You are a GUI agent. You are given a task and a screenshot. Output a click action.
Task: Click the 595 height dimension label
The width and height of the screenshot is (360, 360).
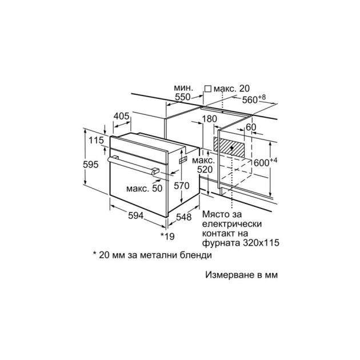(x=91, y=165)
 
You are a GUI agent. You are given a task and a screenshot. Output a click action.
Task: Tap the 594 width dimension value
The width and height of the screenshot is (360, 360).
(x=135, y=215)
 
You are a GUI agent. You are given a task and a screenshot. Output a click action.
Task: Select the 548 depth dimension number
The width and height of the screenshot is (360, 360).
(x=183, y=217)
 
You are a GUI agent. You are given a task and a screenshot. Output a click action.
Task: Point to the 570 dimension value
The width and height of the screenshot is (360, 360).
(x=182, y=186)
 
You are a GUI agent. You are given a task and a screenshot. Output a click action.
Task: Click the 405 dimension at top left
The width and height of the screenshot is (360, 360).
(x=122, y=116)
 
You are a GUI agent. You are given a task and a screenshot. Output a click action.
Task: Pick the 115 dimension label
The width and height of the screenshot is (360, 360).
(x=96, y=140)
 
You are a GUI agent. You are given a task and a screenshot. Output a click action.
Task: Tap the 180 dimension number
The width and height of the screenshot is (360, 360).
(x=209, y=119)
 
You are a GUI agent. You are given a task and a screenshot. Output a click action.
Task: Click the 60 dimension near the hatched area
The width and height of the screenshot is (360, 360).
(x=251, y=127)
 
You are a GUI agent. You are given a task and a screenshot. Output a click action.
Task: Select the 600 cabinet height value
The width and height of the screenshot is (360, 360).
(x=262, y=163)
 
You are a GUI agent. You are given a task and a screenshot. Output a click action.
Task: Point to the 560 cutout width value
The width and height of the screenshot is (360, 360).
(x=250, y=100)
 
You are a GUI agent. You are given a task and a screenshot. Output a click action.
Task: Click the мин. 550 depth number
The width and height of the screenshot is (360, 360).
(x=183, y=97)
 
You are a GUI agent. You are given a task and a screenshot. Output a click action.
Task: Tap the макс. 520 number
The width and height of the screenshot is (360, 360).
(x=205, y=170)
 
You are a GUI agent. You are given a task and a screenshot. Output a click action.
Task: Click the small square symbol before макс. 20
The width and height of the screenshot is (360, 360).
(x=208, y=89)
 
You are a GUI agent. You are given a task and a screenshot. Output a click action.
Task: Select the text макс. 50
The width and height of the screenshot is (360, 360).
(x=144, y=188)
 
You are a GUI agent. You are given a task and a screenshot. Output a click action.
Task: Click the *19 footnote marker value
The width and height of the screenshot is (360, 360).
(x=167, y=236)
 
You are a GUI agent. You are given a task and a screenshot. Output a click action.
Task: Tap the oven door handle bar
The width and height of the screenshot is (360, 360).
(x=133, y=165)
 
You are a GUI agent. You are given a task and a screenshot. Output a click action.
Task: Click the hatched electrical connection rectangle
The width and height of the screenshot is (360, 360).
(x=229, y=147)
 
